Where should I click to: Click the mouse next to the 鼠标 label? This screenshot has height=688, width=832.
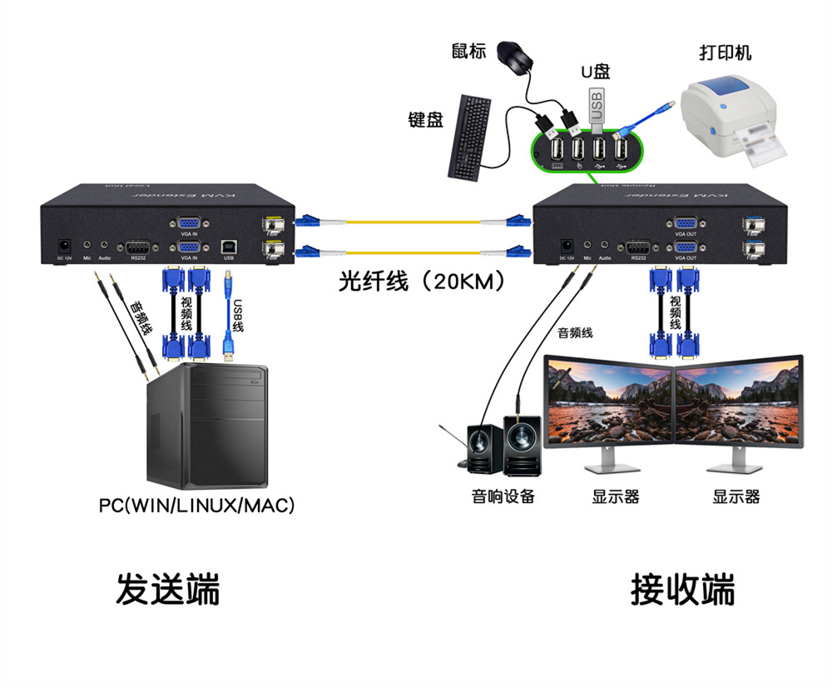[x=515, y=56]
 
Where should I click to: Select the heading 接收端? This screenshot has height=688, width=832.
[x=683, y=590]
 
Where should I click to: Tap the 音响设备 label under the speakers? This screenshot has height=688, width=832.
[x=503, y=497]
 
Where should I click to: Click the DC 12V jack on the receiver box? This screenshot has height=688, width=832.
[x=567, y=246]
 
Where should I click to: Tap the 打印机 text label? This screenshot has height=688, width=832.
[x=726, y=52]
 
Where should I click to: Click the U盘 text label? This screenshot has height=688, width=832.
[x=595, y=72]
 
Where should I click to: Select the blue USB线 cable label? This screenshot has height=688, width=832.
[x=238, y=317]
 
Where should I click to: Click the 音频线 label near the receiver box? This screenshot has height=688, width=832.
[x=575, y=333]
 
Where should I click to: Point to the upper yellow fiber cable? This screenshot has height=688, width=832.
[x=408, y=222]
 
